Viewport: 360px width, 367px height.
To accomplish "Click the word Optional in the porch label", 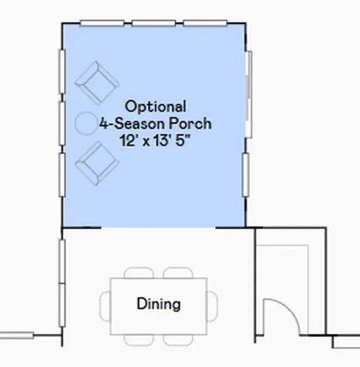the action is click(x=156, y=106).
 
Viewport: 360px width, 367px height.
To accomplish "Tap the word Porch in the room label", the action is click(x=190, y=123).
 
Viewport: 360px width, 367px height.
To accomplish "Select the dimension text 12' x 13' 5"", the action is click(x=156, y=140).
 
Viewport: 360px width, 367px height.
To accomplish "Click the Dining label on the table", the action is click(x=159, y=304).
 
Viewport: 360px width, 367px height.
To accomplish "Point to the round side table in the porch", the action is click(x=86, y=123).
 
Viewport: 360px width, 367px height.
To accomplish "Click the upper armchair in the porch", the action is click(x=96, y=83).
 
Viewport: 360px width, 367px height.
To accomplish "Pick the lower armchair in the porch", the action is click(x=96, y=163).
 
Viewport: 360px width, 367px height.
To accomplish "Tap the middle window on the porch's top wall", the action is click(x=153, y=23).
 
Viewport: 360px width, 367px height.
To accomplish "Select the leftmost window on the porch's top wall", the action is click(x=102, y=23).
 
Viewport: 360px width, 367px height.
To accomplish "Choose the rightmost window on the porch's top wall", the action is click(x=205, y=23).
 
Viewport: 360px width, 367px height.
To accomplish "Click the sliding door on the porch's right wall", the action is click(x=248, y=94).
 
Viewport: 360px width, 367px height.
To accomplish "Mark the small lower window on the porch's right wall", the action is click(x=246, y=175).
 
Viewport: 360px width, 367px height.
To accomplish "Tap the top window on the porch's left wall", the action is click(x=62, y=72).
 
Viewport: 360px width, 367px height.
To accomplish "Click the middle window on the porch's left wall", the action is click(x=62, y=123).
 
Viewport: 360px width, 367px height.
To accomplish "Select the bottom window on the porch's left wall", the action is click(x=62, y=175).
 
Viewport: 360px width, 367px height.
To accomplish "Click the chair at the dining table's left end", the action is click(x=105, y=306).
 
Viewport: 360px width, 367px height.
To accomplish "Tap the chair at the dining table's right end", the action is click(x=213, y=306).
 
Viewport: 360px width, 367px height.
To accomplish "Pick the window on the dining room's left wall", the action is click(x=62, y=283).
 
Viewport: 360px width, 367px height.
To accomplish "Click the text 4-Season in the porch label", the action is click(x=132, y=123).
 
